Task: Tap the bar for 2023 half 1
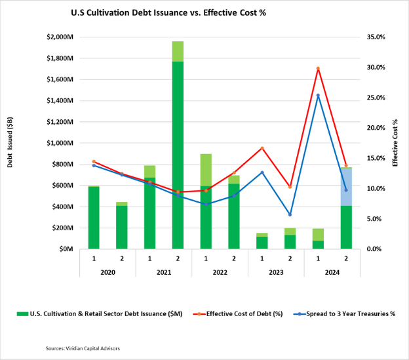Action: coord(262,242)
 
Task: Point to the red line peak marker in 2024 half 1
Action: coord(318,68)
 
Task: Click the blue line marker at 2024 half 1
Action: coord(318,96)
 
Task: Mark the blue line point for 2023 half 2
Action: coord(290,214)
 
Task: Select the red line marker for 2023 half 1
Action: coord(262,148)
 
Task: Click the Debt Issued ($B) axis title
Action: coord(11,143)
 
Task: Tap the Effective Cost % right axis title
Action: coord(395,143)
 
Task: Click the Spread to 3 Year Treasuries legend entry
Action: coord(345,313)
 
